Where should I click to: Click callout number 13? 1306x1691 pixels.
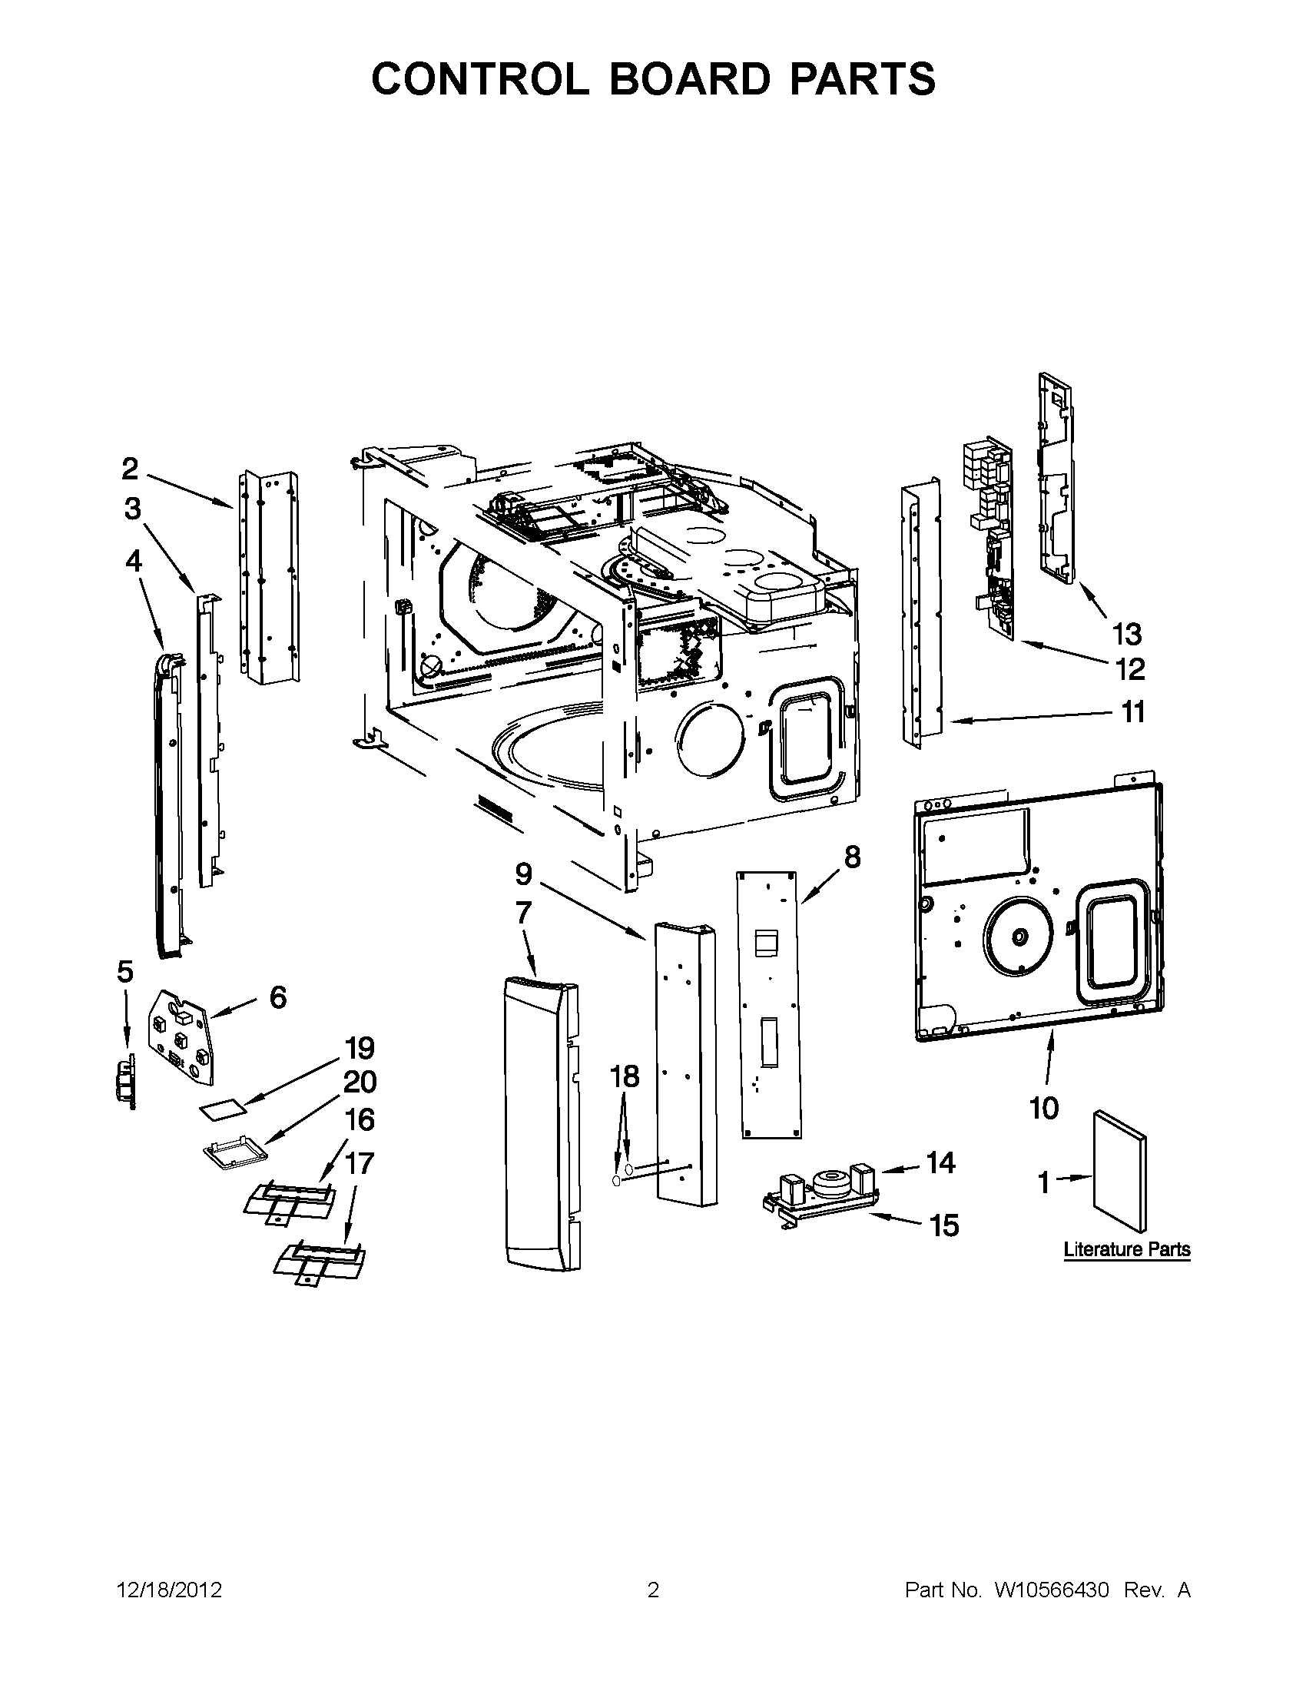coord(1126,635)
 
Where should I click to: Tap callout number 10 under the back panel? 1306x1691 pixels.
coord(1043,1108)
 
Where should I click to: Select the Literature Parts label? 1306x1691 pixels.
coord(1126,1249)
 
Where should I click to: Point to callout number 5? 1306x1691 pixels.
coord(124,971)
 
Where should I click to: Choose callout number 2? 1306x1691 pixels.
coord(129,469)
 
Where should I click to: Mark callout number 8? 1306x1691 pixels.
coord(851,857)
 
